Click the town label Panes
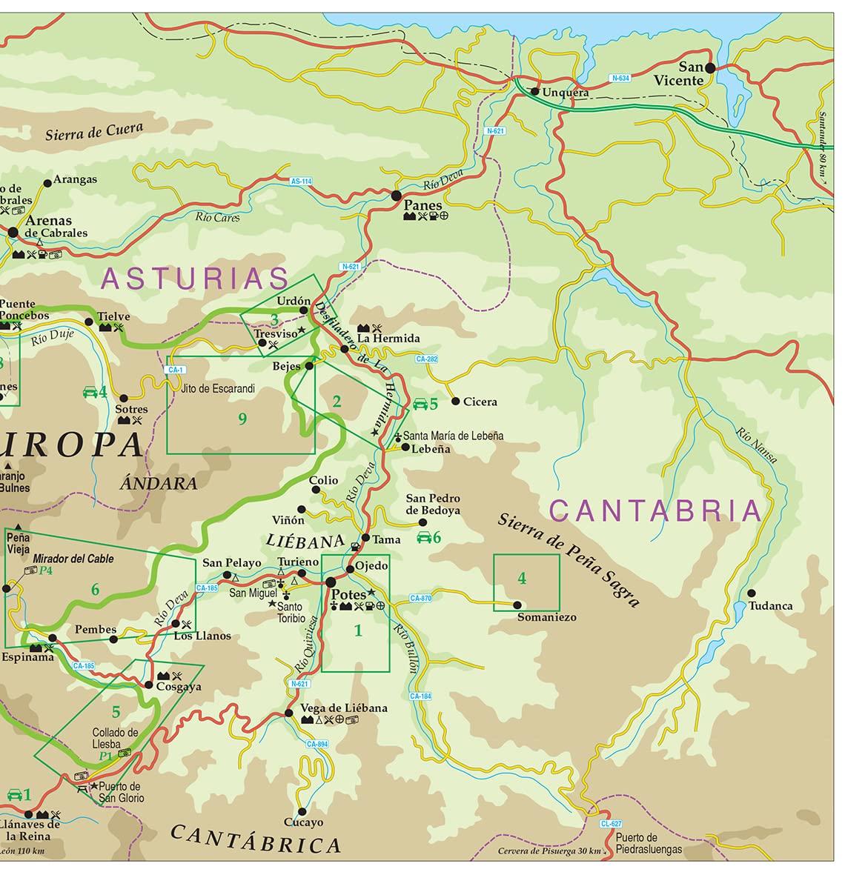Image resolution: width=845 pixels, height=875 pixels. click(x=423, y=205)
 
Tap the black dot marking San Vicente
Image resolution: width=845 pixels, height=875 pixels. click(x=709, y=67)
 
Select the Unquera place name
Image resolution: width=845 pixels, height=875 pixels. click(x=566, y=93)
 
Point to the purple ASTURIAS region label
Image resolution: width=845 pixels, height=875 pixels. click(x=195, y=279)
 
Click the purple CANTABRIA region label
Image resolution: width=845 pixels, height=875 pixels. click(x=655, y=511)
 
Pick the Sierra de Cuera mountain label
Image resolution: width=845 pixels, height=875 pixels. click(x=94, y=132)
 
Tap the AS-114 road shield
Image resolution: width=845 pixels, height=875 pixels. click(x=301, y=181)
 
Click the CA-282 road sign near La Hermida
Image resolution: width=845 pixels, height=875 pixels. click(x=427, y=359)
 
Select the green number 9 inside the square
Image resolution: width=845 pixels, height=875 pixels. click(x=242, y=419)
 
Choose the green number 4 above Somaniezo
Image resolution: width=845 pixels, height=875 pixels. click(x=522, y=578)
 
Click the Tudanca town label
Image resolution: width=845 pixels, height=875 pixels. click(x=770, y=606)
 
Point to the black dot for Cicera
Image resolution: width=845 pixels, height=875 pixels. click(x=455, y=402)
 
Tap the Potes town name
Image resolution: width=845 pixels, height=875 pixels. click(x=348, y=595)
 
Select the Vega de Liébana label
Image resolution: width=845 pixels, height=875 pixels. click(x=344, y=708)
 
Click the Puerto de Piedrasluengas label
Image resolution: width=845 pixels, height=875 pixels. click(x=649, y=844)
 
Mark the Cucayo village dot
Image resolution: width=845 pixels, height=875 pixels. click(x=302, y=811)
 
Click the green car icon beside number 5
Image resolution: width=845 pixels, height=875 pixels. click(x=420, y=404)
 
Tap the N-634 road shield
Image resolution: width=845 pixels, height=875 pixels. click(x=620, y=78)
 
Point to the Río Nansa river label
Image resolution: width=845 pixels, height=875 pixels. click(x=757, y=445)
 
